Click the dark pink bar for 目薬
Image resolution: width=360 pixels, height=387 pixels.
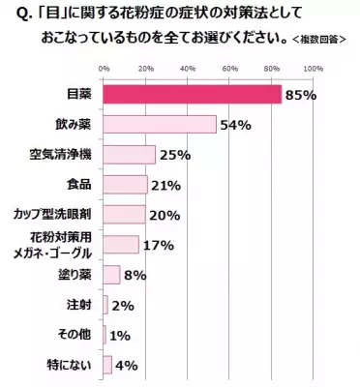click(x=192, y=95)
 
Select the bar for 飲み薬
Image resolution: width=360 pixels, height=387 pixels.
click(x=159, y=125)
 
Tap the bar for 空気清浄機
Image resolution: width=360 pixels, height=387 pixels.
click(x=129, y=155)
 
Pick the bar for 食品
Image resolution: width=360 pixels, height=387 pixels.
click(x=125, y=185)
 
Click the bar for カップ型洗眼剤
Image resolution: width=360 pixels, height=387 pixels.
click(x=124, y=215)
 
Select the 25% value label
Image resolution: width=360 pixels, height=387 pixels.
click(x=174, y=156)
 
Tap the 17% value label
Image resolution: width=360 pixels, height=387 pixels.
click(x=158, y=245)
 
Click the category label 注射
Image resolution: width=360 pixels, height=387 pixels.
click(x=80, y=305)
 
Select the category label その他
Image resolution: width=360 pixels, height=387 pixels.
click(x=77, y=335)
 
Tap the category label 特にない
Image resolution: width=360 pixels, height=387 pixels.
click(x=75, y=365)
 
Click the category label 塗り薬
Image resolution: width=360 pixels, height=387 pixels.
click(x=77, y=275)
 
